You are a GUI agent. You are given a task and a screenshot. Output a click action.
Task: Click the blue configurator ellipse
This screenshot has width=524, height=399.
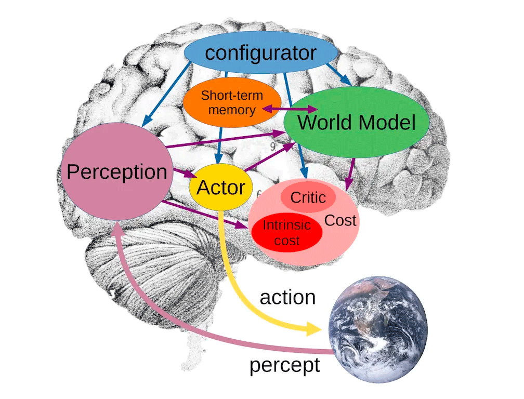pos(260,53)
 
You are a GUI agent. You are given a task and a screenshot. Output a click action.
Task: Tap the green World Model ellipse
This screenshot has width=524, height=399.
pos(357,123)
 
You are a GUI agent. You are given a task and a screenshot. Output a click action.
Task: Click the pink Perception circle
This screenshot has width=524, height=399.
pos(116,172)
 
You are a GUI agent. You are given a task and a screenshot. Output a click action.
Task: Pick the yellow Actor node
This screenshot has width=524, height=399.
pos(221,188)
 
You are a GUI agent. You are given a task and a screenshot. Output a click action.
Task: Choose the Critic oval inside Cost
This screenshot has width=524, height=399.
pos(308,197)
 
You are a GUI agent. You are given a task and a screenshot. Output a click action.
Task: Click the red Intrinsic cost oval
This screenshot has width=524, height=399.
pos(286,232)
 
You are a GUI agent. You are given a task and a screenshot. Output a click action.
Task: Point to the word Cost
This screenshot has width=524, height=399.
pos(340,220)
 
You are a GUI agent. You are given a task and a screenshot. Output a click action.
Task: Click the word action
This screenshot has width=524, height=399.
pos(287,297)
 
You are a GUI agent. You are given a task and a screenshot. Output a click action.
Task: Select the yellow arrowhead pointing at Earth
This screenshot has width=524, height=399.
pos(314,328)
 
